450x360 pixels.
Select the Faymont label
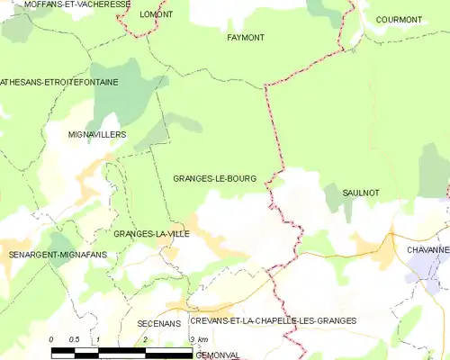pos(246,38)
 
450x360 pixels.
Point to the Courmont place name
pos(399,19)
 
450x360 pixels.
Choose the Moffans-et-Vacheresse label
pos(65,4)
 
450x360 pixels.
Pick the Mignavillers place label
pos(96,134)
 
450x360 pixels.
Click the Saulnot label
pos(360,193)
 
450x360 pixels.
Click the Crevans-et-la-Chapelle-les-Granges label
pos(273,320)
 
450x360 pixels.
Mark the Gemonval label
pos(217,355)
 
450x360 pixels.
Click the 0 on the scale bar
pos(51,339)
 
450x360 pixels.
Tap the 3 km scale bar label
pos(198,339)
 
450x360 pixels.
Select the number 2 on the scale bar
pos(145,339)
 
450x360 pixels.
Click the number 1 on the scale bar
pos(98,339)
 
